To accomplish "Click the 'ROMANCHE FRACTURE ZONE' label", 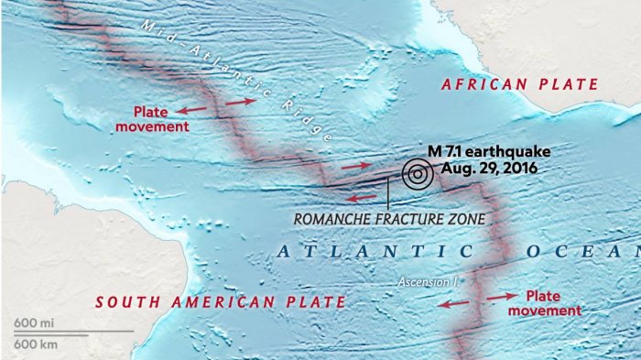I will click(389, 219).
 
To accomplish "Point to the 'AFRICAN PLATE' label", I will click(519, 84).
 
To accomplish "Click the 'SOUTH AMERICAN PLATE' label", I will click(221, 301).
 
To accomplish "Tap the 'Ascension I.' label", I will click(428, 282).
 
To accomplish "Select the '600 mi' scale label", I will click(32, 323).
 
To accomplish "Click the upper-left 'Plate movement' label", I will click(153, 119).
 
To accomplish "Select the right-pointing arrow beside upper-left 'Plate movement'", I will click(241, 102).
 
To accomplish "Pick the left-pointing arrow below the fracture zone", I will click(360, 196).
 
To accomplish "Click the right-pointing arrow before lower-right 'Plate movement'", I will click(500, 297).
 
